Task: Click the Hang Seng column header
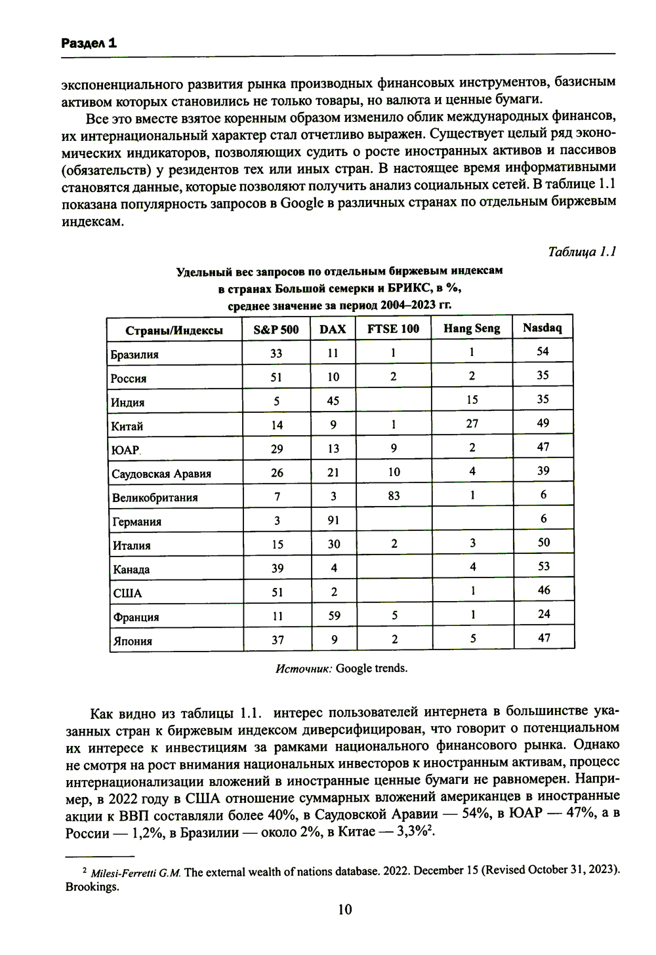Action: (472, 328)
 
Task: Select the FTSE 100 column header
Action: (393, 329)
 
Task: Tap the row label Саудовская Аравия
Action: (161, 474)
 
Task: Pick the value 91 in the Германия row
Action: (333, 521)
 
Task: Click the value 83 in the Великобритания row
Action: (394, 496)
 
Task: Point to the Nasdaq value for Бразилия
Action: (543, 351)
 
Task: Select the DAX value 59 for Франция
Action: (334, 616)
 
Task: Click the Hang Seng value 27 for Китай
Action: (472, 423)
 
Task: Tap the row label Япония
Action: (133, 641)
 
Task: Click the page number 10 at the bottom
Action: (344, 909)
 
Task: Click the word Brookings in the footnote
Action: (92, 887)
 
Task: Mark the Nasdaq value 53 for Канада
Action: (543, 566)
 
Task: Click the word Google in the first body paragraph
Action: (302, 203)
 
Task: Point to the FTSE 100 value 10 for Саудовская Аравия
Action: (394, 472)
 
